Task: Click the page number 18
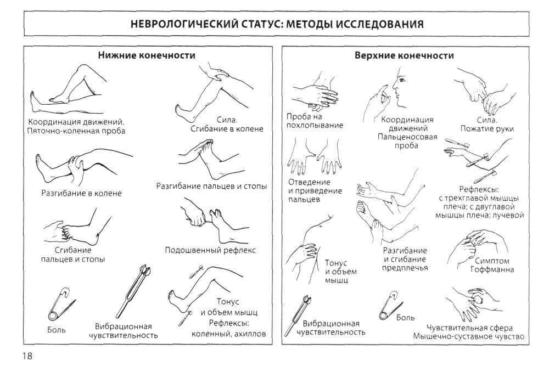(x=27, y=356)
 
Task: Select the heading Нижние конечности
(x=147, y=55)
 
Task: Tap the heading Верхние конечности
(x=405, y=55)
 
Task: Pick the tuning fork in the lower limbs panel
(x=133, y=290)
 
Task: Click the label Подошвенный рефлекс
(x=210, y=250)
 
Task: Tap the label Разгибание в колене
(x=82, y=193)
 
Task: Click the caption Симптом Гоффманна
(x=492, y=265)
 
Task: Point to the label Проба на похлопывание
(x=315, y=121)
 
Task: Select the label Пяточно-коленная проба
(x=76, y=131)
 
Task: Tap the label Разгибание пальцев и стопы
(x=211, y=186)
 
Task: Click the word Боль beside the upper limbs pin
(x=406, y=318)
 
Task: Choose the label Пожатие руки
(x=487, y=128)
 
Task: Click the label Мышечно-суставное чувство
(x=469, y=336)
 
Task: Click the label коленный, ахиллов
(x=228, y=334)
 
